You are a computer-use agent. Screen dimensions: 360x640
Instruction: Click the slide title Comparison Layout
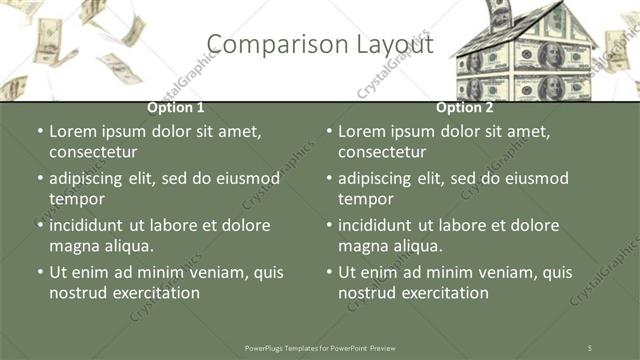pos(320,44)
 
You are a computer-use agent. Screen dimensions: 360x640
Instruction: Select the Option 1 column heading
pos(176,107)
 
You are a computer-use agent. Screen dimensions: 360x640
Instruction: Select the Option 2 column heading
pos(464,107)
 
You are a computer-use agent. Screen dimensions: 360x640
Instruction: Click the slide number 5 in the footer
pos(589,347)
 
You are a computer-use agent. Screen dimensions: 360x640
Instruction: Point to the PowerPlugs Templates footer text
pos(320,347)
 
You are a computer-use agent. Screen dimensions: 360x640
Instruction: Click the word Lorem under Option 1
pos(74,131)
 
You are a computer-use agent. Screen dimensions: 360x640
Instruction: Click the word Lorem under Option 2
pos(363,131)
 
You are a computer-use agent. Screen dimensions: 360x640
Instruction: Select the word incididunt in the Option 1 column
pos(94,225)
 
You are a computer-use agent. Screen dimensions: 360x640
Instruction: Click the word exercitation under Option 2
pos(441,292)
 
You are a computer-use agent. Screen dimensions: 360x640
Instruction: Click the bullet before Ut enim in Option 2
pos(330,272)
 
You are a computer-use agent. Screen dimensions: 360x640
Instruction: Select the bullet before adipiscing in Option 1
pos(41,178)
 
